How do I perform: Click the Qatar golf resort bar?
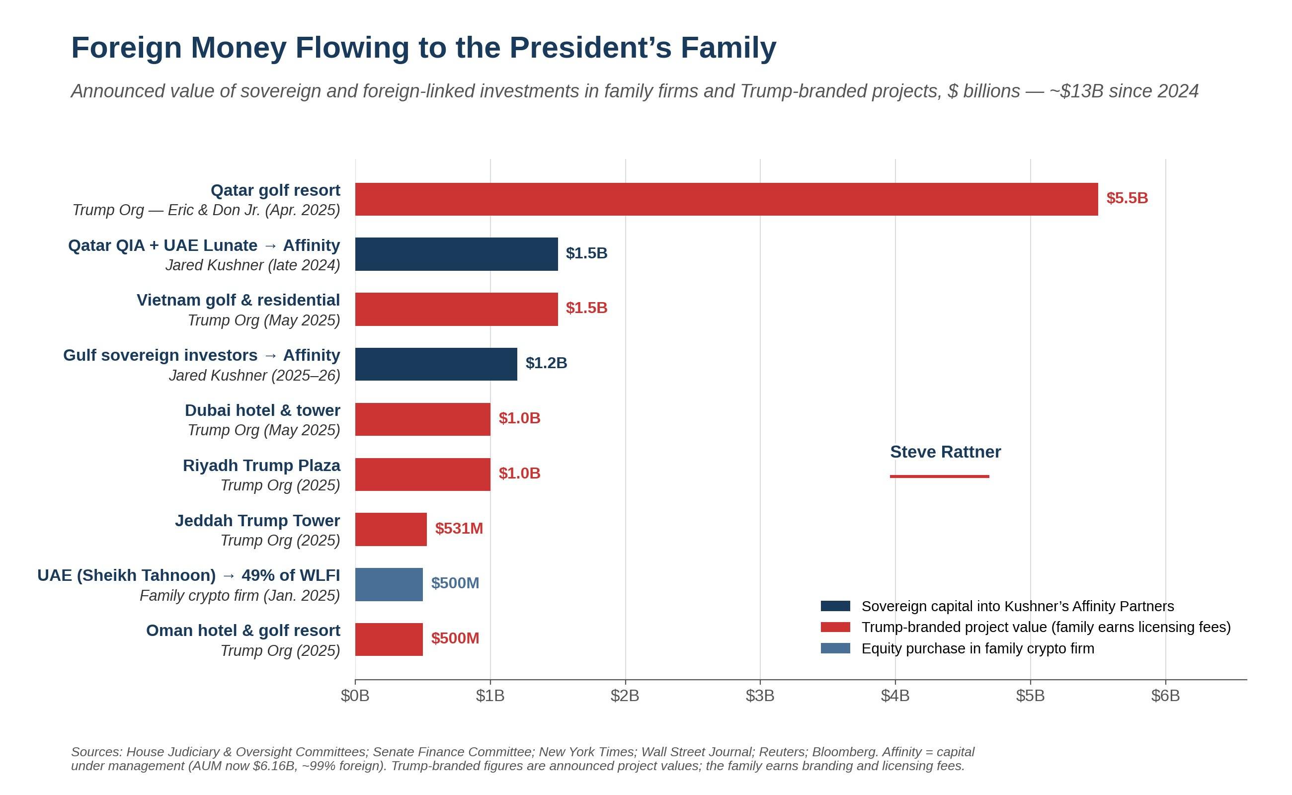tap(726, 199)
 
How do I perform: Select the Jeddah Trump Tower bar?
tap(391, 529)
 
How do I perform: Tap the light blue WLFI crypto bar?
tap(389, 584)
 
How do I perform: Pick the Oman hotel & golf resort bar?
tap(389, 639)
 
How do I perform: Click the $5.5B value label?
tap(1127, 198)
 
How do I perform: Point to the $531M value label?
tap(459, 528)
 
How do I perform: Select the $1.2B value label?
tap(546, 363)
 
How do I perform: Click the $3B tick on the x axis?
tap(760, 696)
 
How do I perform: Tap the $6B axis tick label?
tap(1165, 696)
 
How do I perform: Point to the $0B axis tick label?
tap(355, 696)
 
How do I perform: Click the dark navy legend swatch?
tap(835, 606)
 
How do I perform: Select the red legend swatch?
tap(835, 627)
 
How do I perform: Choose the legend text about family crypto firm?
tap(977, 649)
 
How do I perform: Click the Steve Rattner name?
tap(946, 452)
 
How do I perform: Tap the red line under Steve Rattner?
tap(939, 477)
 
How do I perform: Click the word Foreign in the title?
tap(126, 48)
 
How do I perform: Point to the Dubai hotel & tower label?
tap(262, 410)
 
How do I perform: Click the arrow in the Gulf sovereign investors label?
tap(270, 355)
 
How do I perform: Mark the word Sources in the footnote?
tap(96, 752)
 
